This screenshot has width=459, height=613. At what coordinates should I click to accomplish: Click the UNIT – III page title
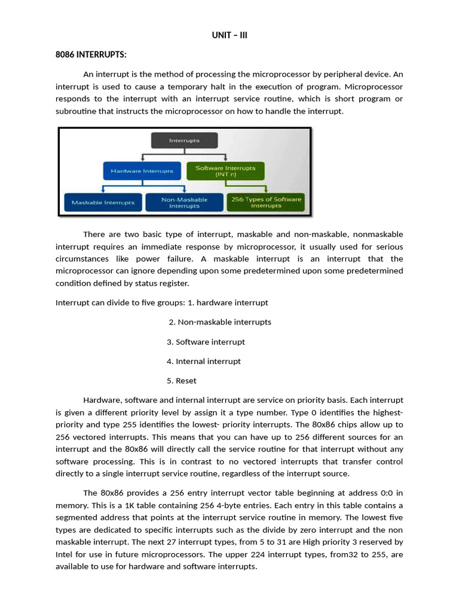[x=229, y=35]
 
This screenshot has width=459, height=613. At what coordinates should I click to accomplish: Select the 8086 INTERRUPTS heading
[x=91, y=55]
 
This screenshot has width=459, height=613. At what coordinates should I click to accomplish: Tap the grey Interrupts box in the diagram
[x=184, y=141]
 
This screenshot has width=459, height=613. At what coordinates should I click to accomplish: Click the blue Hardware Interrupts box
[x=141, y=171]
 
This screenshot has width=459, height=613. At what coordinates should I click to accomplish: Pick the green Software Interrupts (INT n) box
[x=225, y=171]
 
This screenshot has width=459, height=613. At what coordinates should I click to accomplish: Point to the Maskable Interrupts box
[x=103, y=203]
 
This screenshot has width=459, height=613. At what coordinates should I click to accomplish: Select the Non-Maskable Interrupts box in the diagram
[x=184, y=202]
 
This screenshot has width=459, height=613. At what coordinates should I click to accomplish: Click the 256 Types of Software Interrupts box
[x=266, y=202]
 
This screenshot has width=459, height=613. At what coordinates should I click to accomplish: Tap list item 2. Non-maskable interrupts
[x=220, y=322]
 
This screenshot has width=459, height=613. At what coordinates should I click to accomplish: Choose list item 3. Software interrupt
[x=206, y=342]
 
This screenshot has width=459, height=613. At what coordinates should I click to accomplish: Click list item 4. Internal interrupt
[x=204, y=362]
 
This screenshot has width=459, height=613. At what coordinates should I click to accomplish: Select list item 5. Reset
[x=182, y=381]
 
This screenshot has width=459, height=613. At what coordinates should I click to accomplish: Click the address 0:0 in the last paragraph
[x=389, y=493]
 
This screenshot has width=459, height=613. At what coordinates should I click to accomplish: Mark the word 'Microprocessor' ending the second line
[x=374, y=87]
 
